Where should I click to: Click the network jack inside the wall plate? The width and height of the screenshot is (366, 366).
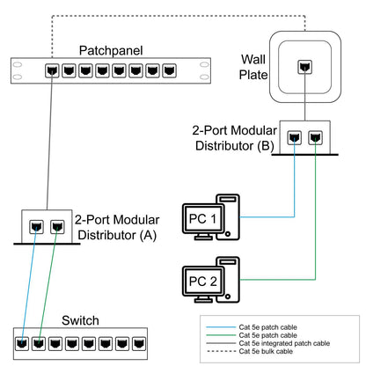pyautogui.click(x=304, y=67)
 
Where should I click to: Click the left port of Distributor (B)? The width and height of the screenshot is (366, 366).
pyautogui.click(x=294, y=137)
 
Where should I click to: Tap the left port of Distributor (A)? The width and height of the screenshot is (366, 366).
pyautogui.click(x=37, y=225)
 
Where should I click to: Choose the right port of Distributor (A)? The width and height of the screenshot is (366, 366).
pyautogui.click(x=56, y=225)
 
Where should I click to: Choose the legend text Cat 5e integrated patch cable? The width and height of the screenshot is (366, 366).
pyautogui.click(x=284, y=343)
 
